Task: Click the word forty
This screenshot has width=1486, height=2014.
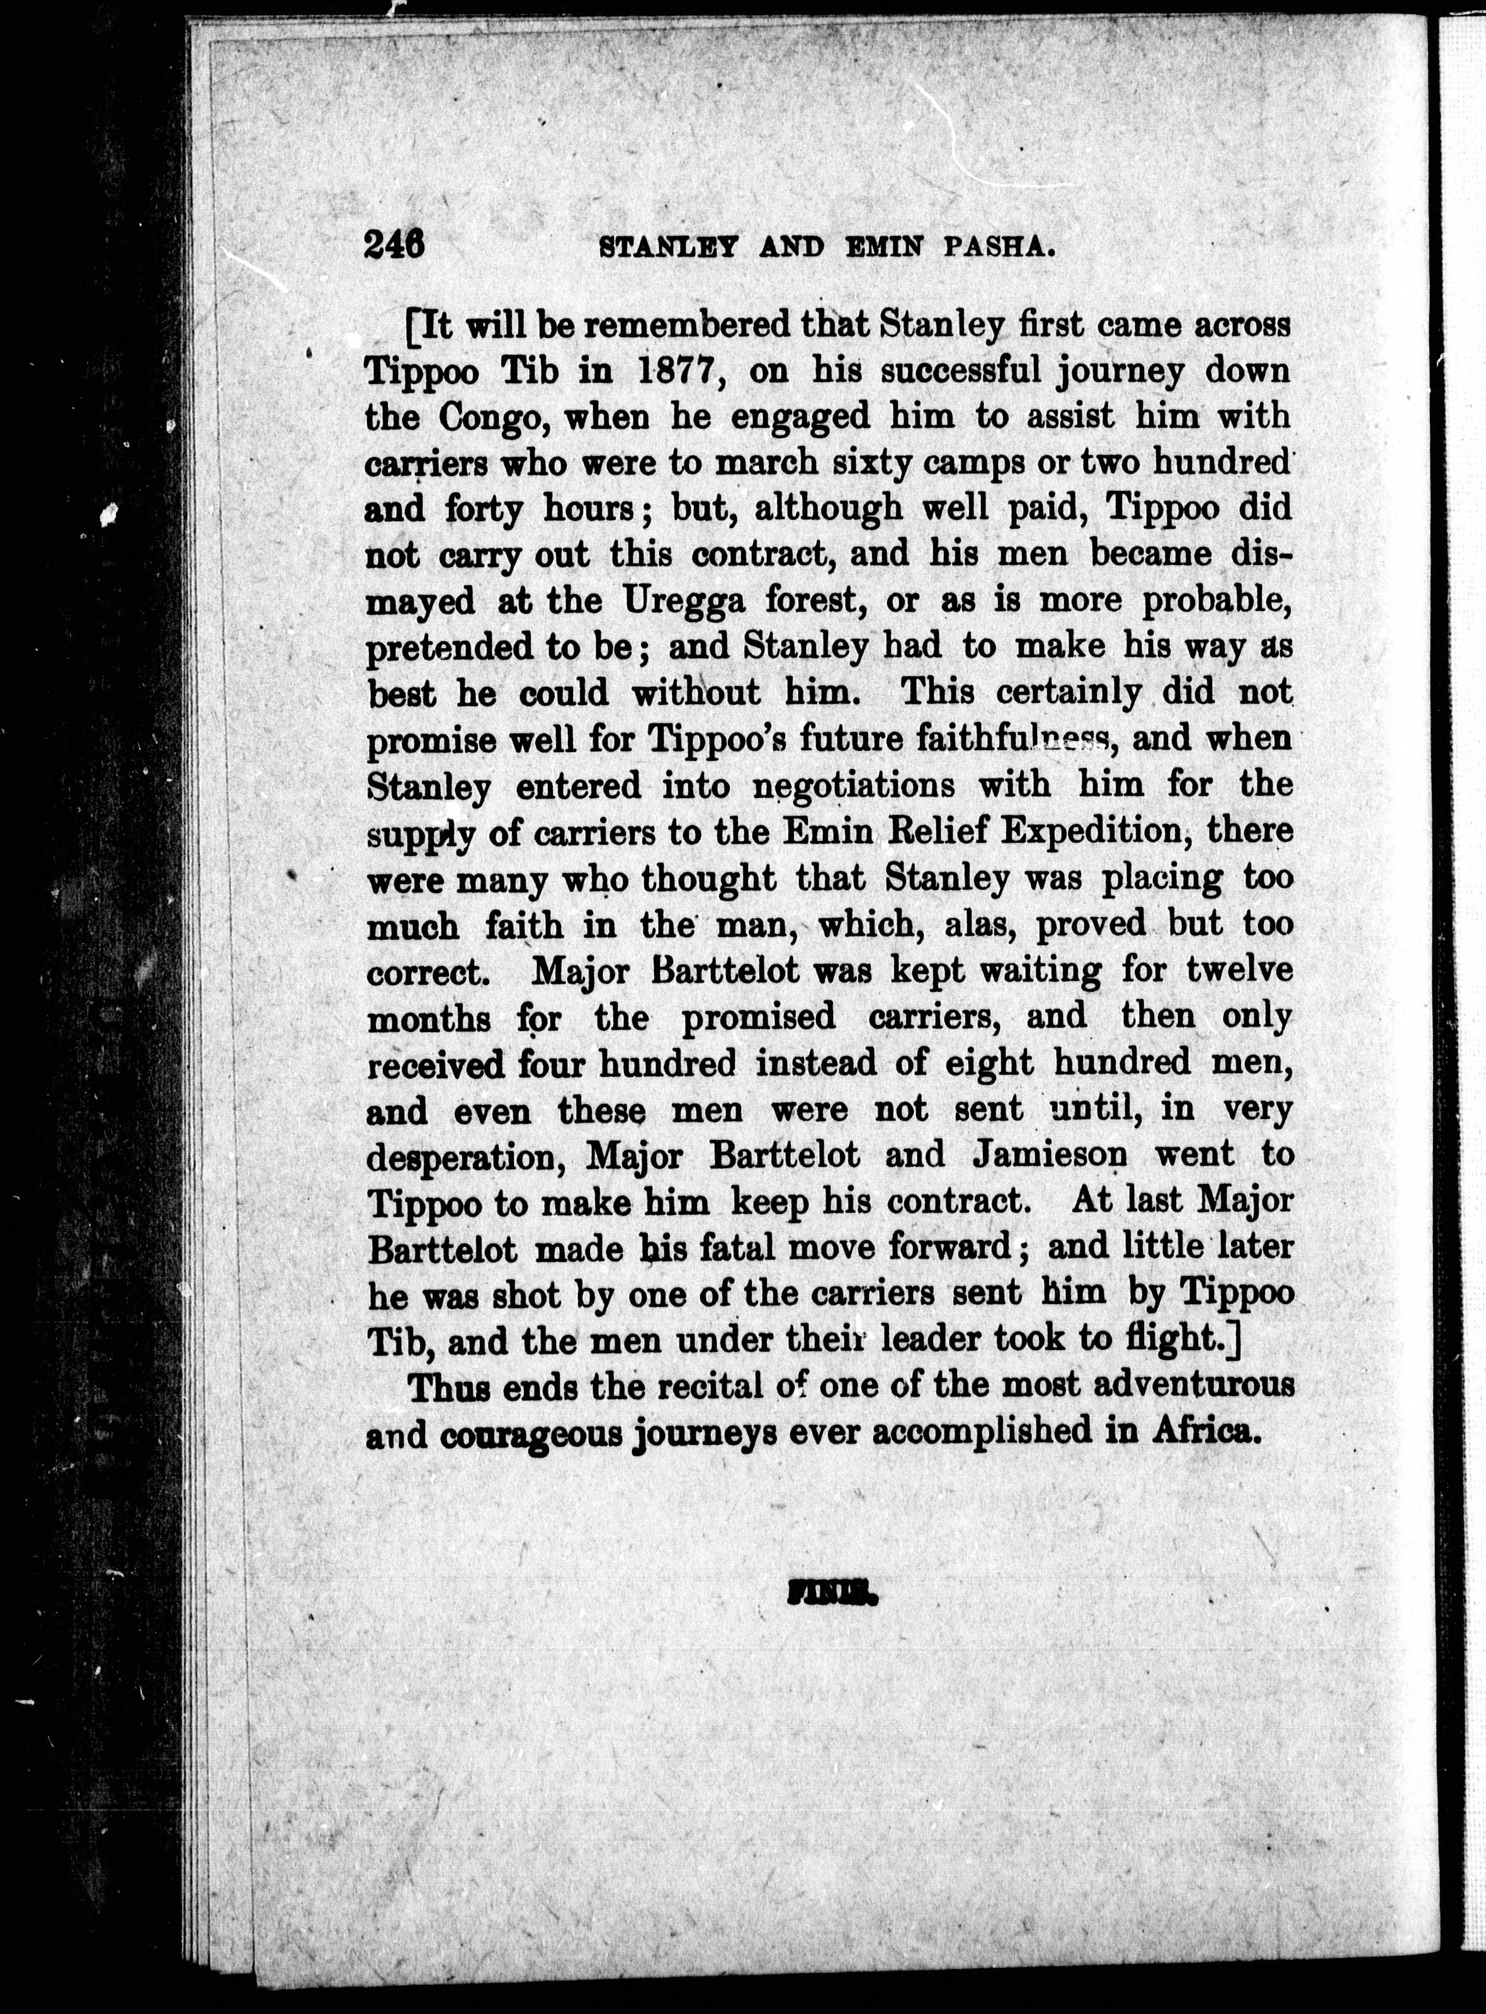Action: (x=484, y=510)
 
